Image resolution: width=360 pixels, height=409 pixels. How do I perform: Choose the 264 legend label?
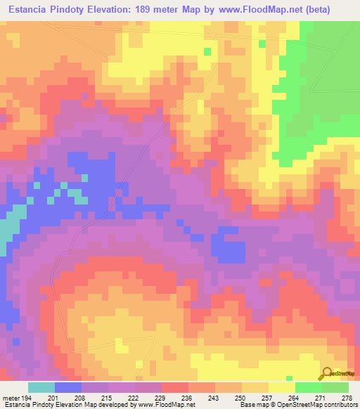(x=293, y=398)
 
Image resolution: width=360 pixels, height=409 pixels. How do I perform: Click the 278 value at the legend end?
(x=347, y=398)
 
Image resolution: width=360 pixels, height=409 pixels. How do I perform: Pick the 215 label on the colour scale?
(x=107, y=398)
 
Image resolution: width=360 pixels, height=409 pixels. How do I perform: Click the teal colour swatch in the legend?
(x=41, y=387)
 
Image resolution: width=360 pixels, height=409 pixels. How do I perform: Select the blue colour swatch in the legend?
(x=67, y=387)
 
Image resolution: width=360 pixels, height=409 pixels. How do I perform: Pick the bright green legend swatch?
(x=308, y=387)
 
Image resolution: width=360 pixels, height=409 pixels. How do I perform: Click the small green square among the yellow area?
(x=207, y=51)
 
